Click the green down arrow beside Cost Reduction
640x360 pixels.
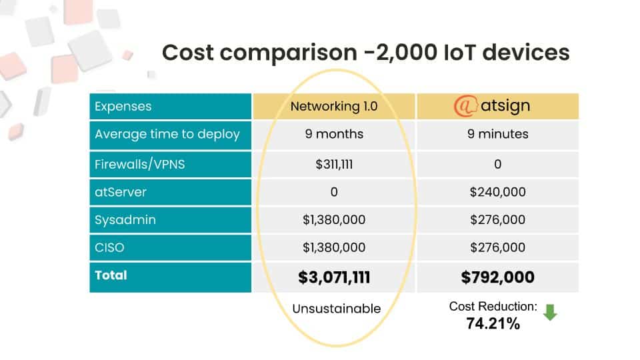pos(549,312)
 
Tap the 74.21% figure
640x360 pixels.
pos(493,324)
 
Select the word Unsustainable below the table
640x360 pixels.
pos(337,308)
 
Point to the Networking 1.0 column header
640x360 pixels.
pos(334,106)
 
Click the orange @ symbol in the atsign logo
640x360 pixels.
pos(464,106)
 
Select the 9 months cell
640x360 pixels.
pos(334,134)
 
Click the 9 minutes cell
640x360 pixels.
pos(498,134)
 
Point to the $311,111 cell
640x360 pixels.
pos(334,164)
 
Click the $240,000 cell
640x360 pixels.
pos(498,193)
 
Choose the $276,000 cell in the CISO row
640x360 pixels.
pos(498,247)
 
